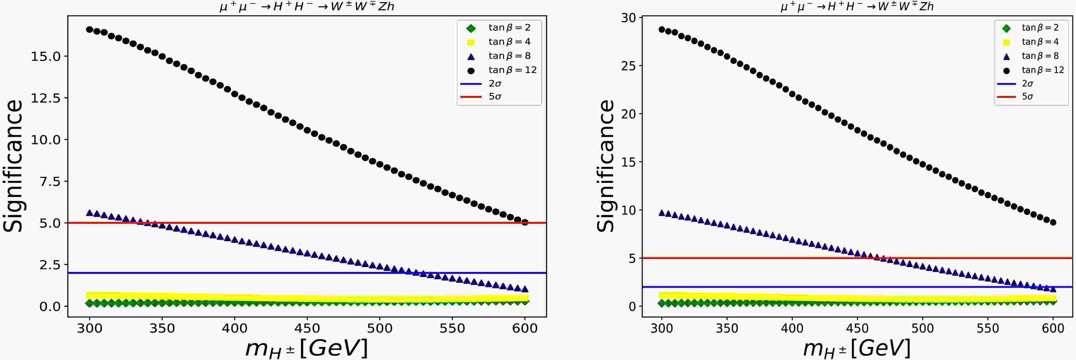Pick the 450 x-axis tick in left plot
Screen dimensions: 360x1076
[x=307, y=328]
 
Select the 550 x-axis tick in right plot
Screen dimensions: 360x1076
[x=988, y=328]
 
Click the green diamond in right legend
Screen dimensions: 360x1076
[x=1006, y=28]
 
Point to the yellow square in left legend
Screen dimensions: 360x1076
[x=471, y=42]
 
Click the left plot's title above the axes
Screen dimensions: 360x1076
[x=307, y=7]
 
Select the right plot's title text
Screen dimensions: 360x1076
[x=857, y=7]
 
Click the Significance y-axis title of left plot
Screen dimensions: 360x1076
[x=13, y=166]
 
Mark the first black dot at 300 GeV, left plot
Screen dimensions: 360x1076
[x=89, y=30]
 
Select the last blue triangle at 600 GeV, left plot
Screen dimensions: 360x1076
[x=525, y=289]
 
